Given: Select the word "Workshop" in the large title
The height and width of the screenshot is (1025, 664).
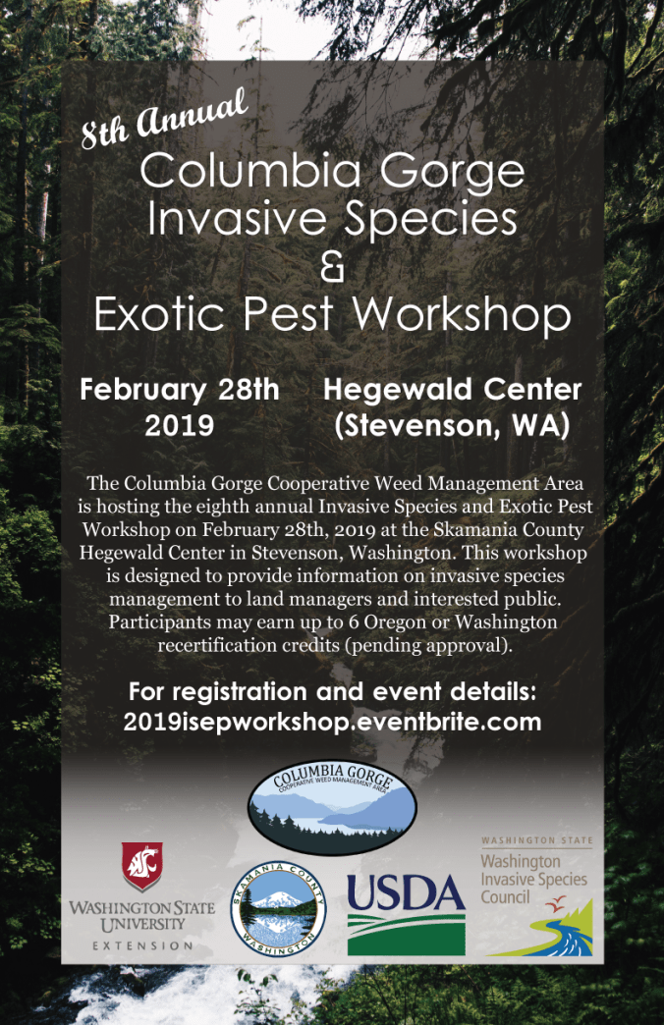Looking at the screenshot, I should pos(462,314).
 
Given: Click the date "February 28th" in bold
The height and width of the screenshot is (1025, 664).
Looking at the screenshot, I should pos(180,390).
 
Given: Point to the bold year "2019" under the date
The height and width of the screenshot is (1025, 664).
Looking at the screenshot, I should pos(180,426).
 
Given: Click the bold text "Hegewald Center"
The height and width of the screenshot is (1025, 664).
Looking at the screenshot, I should pos(452,390).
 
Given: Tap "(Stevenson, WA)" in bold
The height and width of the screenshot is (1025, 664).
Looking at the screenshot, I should pos(452,426).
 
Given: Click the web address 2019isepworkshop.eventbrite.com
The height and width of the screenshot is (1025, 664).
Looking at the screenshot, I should pos(332,723).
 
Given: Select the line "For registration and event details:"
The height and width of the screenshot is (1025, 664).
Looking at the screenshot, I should pos(332,691).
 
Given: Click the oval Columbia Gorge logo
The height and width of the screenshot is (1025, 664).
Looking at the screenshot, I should pos(332,804).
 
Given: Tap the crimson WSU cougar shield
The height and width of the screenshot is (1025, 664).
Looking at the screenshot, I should pos(142,867).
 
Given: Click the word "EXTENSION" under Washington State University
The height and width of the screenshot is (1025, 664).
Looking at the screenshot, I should pos(142,945).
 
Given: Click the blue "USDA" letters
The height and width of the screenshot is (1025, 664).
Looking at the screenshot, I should pos(406,893).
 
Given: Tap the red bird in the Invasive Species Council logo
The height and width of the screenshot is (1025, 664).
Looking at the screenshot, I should pos(556,901).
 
